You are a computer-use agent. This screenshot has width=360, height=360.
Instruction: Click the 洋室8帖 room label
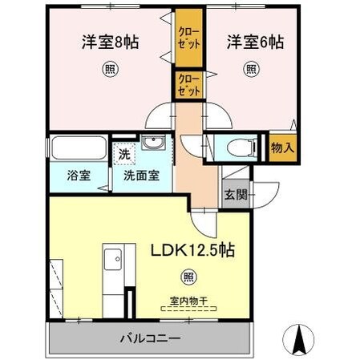pyautogui.click(x=110, y=42)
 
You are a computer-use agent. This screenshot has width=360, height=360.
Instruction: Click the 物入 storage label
pyautogui.click(x=282, y=148)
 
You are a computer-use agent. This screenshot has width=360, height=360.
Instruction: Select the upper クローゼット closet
pyautogui.click(x=188, y=38)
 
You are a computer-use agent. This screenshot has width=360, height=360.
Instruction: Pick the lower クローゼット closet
pyautogui.click(x=188, y=86)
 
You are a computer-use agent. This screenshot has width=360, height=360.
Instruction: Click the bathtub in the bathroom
pyautogui.click(x=78, y=149)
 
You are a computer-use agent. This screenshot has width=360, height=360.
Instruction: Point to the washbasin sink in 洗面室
pyautogui.click(x=153, y=144)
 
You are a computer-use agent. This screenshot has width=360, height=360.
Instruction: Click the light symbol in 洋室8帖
pyautogui.click(x=108, y=69)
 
